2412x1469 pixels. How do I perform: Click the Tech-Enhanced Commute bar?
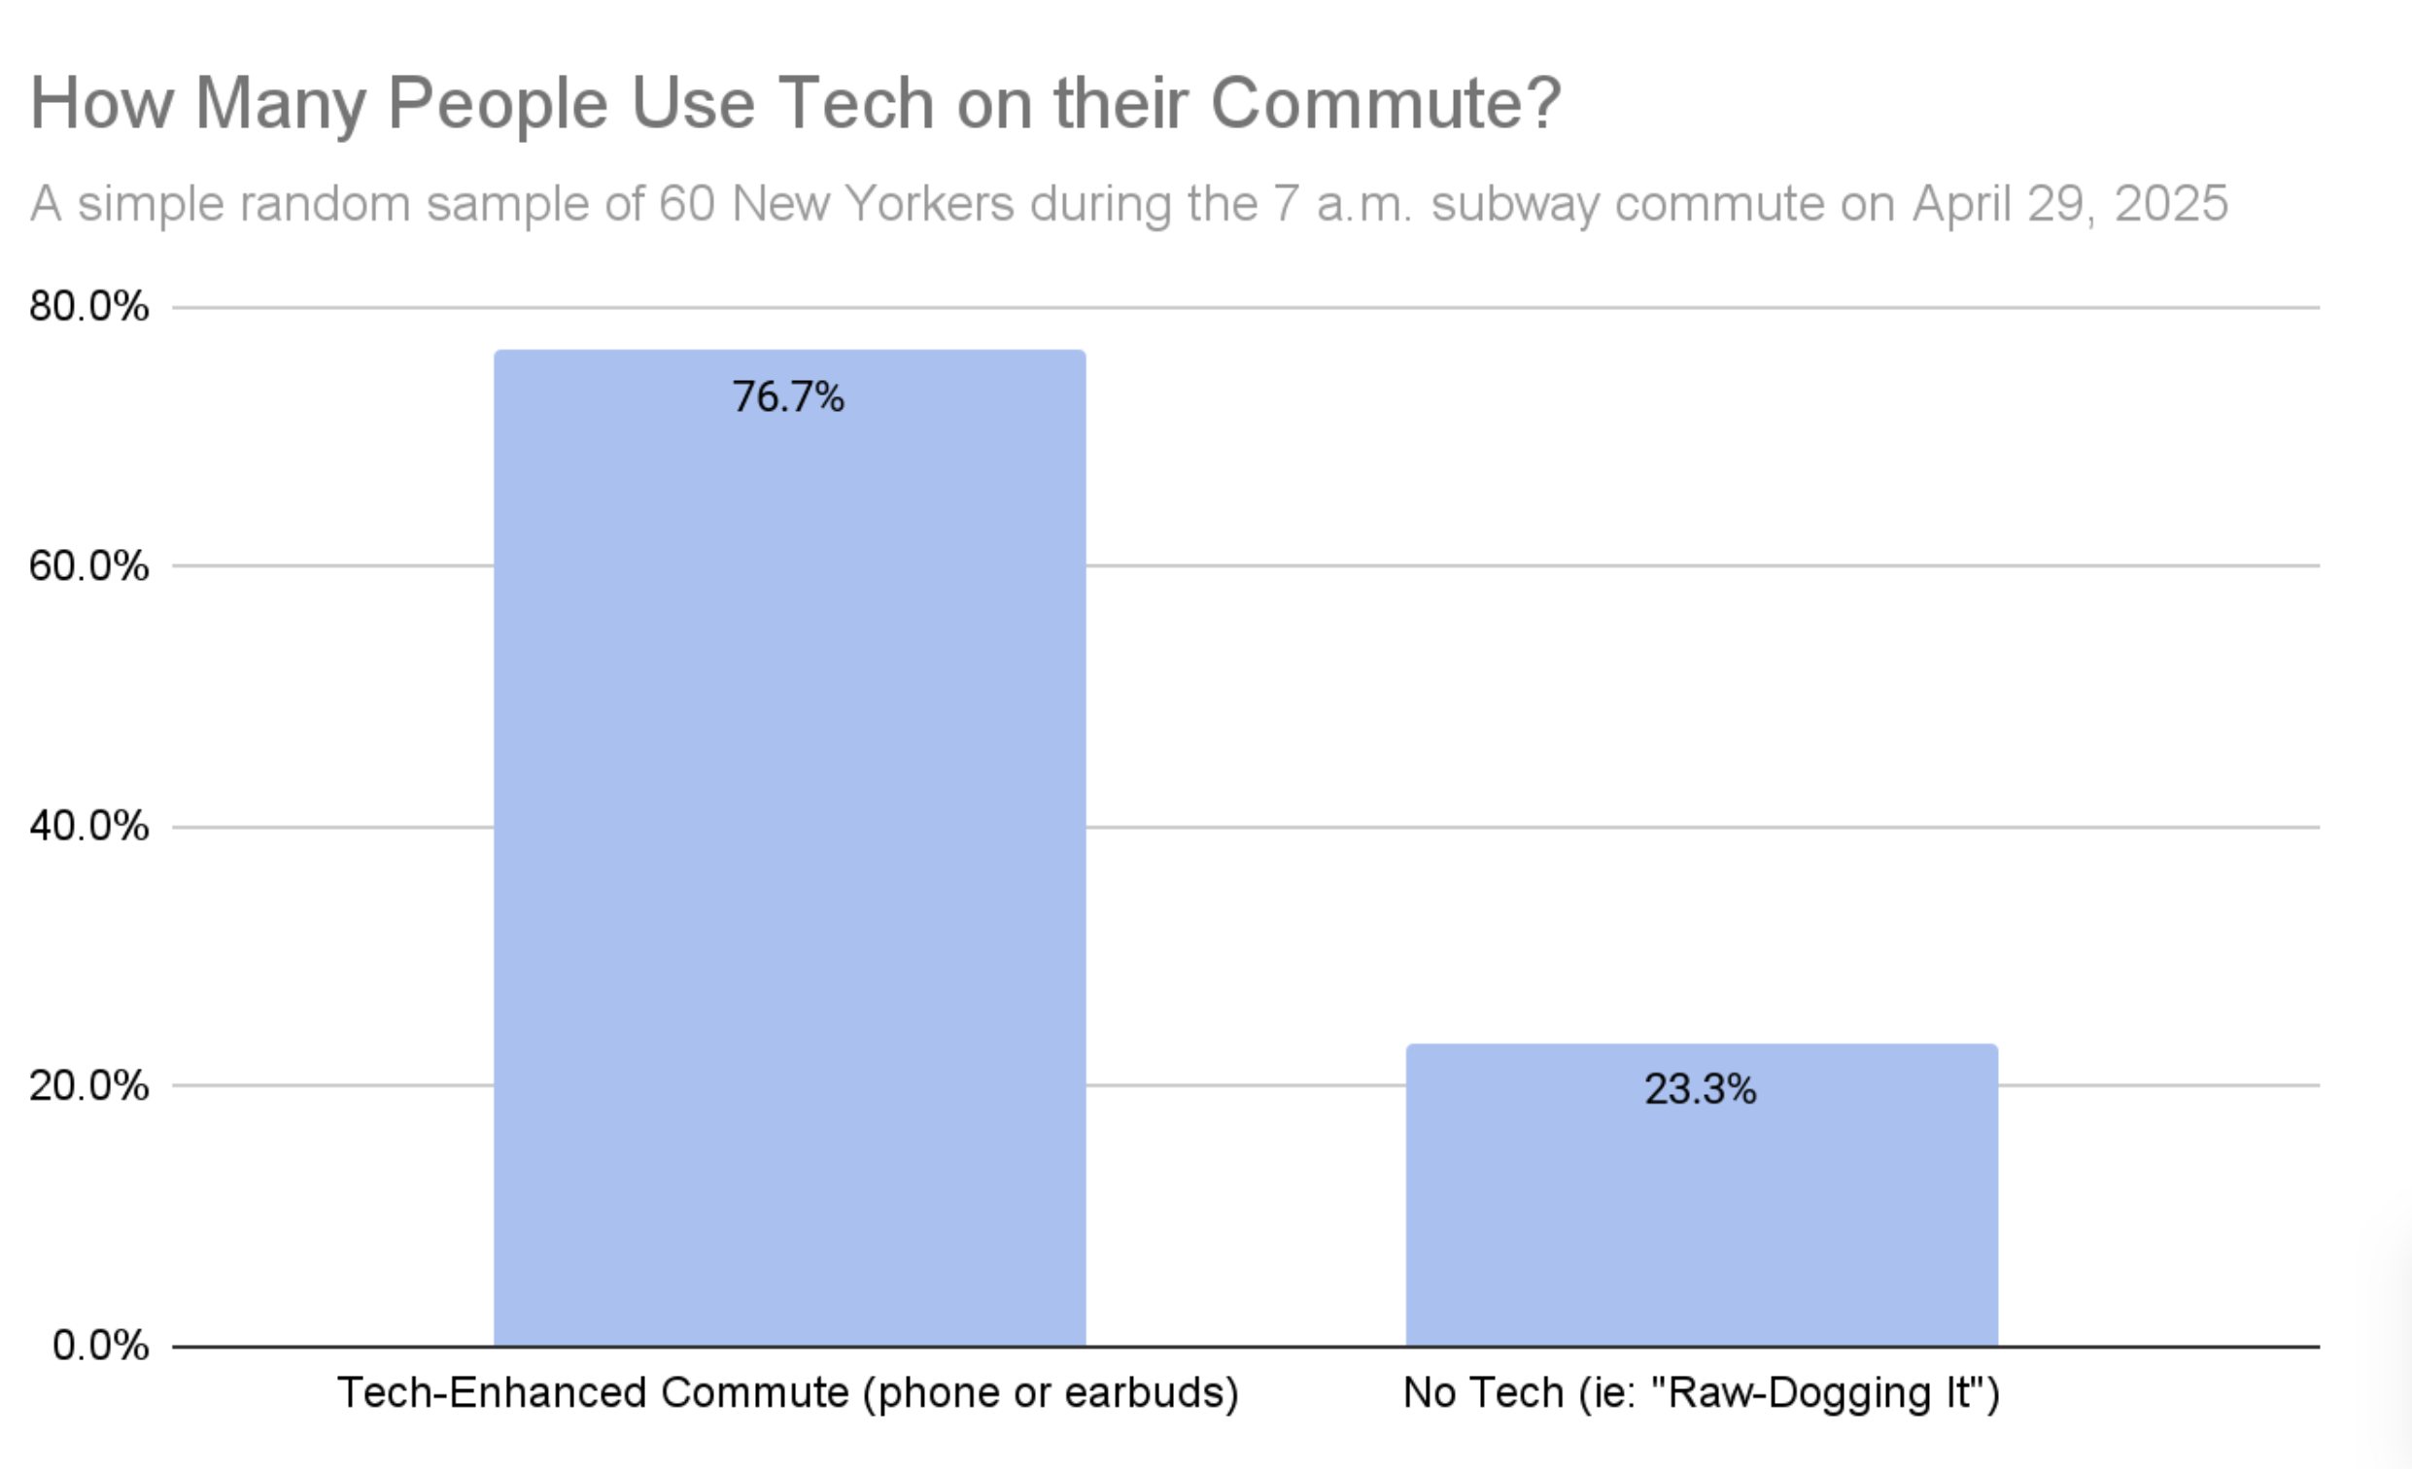[789, 847]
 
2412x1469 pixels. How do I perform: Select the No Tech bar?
[1702, 1195]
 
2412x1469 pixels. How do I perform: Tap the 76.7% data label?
[788, 397]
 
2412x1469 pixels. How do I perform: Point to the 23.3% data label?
[1701, 1089]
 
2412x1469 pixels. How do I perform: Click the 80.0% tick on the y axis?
[89, 306]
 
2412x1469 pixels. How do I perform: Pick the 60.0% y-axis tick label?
[89, 565]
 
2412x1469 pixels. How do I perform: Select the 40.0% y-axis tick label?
[89, 826]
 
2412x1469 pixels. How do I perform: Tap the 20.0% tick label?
[89, 1085]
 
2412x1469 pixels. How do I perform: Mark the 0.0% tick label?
[101, 1346]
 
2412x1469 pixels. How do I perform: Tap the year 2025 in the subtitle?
[2170, 204]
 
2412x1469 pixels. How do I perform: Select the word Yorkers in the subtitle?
[929, 204]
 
